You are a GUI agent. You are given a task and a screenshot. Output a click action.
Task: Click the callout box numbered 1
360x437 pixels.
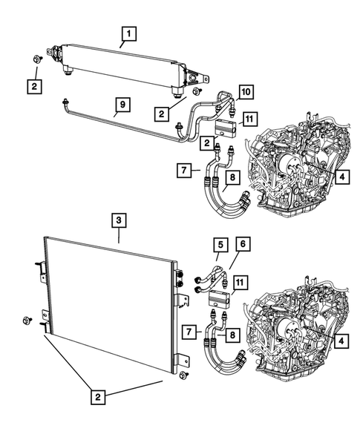129,33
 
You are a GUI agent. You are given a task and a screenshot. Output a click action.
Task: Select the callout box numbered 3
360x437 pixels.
119,220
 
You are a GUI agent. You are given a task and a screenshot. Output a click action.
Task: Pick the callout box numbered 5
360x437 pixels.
220,243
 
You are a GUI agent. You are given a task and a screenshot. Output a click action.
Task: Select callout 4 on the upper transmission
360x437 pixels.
340,177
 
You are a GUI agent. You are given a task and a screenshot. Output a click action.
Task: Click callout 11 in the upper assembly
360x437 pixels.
249,119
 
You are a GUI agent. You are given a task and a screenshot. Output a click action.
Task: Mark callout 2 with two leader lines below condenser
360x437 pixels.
98,398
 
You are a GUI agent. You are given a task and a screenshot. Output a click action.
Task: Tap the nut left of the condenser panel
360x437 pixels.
27,320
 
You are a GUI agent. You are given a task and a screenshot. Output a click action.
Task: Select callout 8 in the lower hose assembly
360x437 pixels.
232,335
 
